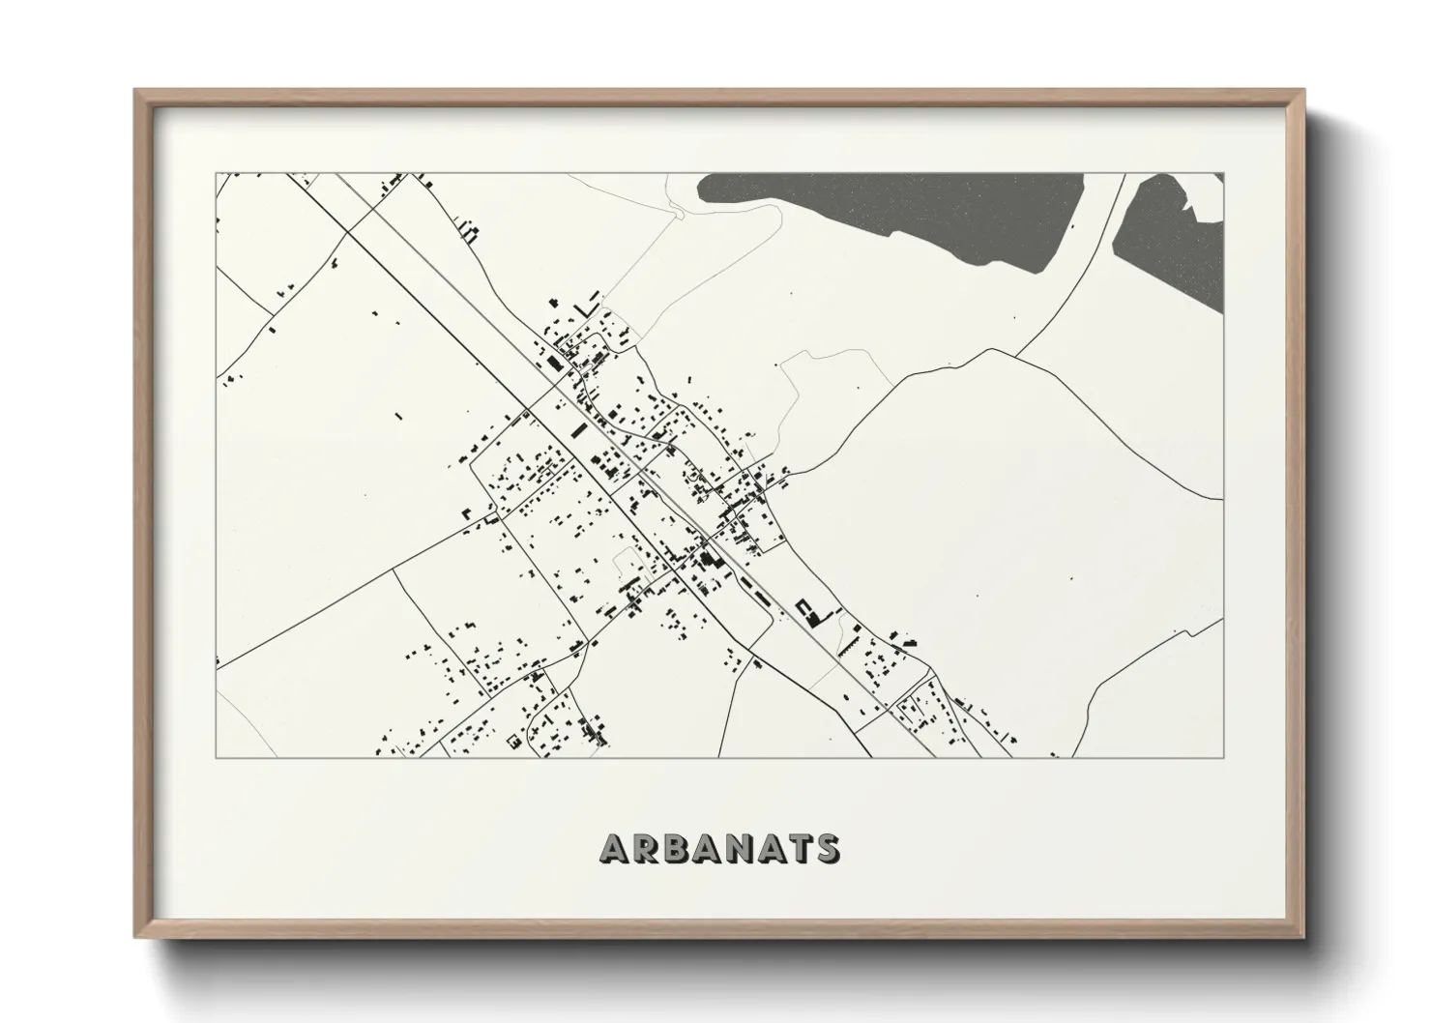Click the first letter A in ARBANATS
click(x=616, y=848)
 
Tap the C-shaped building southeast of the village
click(x=803, y=608)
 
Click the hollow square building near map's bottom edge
click(x=513, y=741)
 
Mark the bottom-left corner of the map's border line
click(x=216, y=757)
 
